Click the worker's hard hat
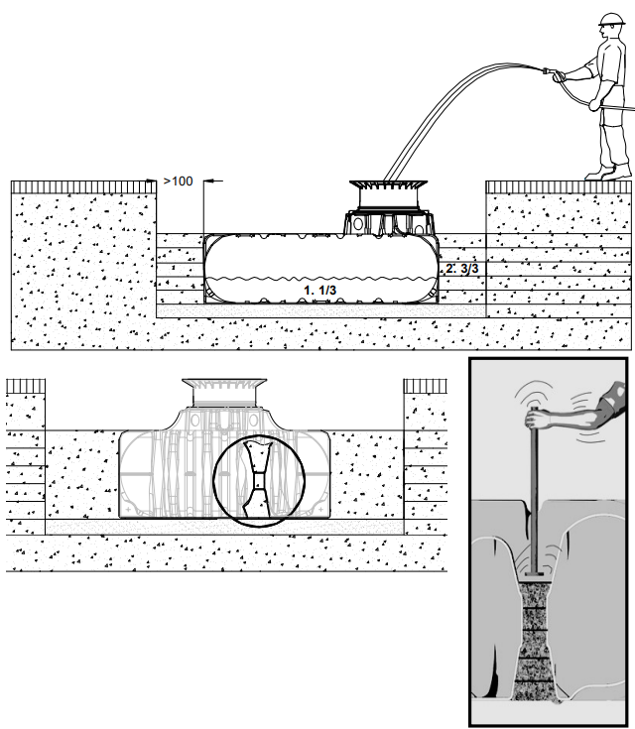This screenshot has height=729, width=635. pos(611,20)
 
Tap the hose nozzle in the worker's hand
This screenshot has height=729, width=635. pos(550,72)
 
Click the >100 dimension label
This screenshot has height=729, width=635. pos(179,181)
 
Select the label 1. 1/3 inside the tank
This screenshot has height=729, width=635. pos(320,290)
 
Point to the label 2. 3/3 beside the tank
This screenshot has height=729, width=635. pos(462,268)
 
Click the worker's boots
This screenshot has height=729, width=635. pos(608,172)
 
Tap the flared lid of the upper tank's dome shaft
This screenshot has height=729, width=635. pos(389,184)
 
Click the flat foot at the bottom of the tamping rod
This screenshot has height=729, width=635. pos(534,573)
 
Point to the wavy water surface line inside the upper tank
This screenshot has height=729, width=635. pos(320,279)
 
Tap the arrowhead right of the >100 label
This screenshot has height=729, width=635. pos(208,181)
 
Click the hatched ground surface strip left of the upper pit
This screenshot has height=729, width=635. pos(83,187)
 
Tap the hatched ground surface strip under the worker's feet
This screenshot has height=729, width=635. pos(559,187)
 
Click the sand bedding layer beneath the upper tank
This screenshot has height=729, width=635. pos(321,310)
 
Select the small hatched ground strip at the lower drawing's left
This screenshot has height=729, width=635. pos(26,386)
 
